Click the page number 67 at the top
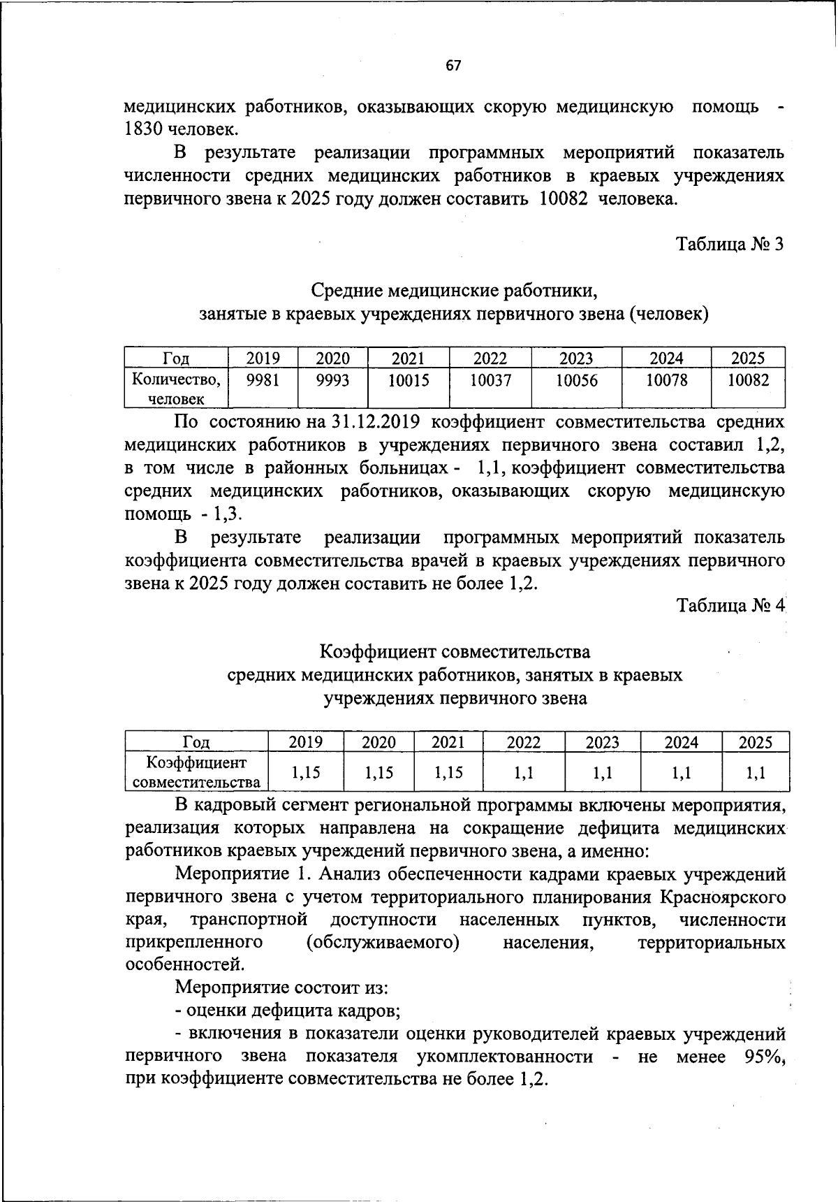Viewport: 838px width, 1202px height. pos(453,66)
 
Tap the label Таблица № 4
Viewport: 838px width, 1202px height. pos(731,605)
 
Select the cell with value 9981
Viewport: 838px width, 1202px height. pos(263,380)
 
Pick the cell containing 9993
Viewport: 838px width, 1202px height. pos(332,380)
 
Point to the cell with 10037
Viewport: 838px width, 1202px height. pos(490,380)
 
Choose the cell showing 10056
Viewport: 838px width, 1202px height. pos(576,380)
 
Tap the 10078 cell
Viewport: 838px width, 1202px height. pos(666,380)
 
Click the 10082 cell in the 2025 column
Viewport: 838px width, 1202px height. pos(748,380)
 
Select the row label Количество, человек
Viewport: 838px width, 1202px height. pos(177,389)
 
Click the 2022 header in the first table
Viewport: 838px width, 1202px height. pos(490,359)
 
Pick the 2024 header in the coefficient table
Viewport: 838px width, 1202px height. pos(682,742)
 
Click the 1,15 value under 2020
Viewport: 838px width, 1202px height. pos(378,772)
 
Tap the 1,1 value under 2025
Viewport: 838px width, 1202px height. pos(755,772)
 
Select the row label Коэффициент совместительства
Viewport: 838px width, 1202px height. pos(197,772)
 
